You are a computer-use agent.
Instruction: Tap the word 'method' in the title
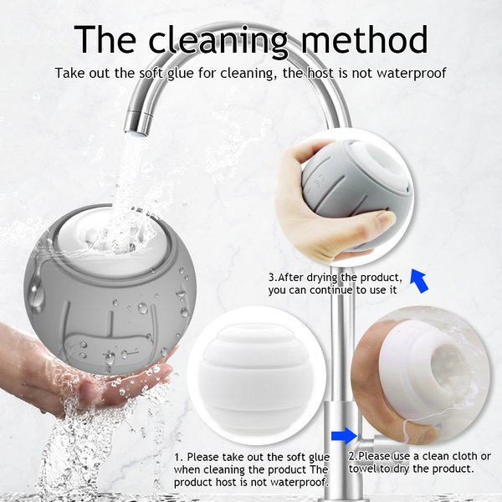(364, 38)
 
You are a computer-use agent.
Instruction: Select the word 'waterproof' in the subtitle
(412, 74)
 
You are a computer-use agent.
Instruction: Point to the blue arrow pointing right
(344, 436)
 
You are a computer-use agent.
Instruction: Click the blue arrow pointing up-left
(419, 281)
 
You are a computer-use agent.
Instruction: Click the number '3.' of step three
(273, 277)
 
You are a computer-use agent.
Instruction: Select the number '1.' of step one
(178, 457)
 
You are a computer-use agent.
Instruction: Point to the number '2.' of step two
(353, 456)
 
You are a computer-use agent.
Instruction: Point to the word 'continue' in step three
(331, 290)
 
